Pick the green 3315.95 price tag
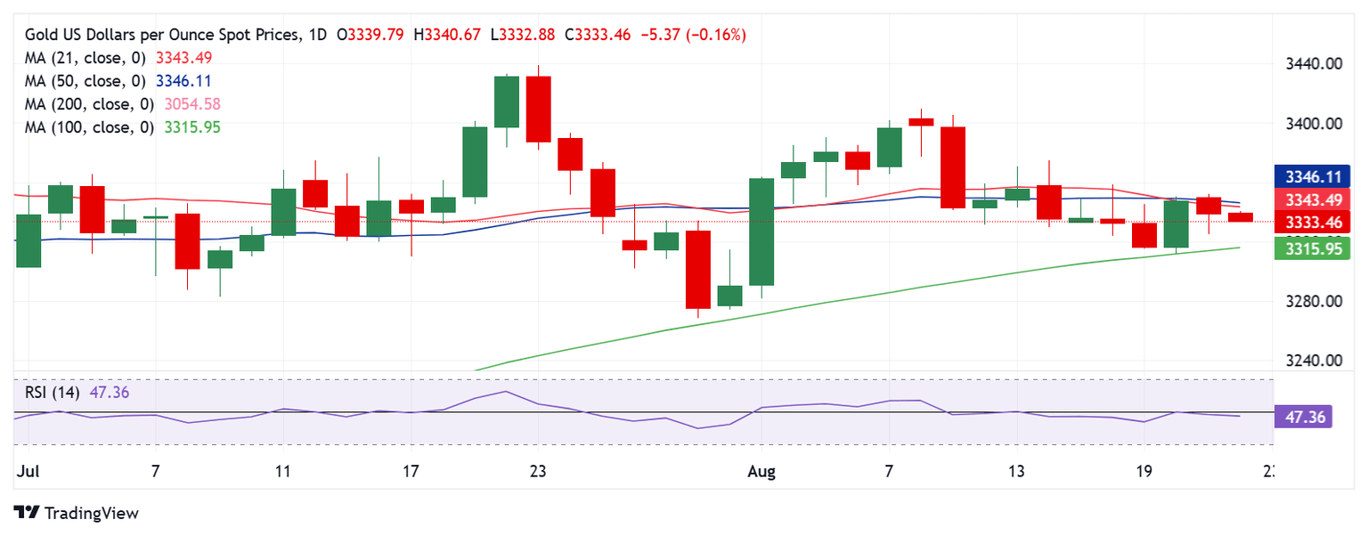pos(1306,249)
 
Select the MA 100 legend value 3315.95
pos(192,127)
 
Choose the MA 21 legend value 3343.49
pos(183,58)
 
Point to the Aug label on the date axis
pos(761,472)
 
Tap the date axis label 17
pos(411,472)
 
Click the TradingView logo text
pos(91,514)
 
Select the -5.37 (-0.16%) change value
pos(696,35)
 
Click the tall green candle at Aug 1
pos(761,231)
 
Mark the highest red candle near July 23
pos(538,109)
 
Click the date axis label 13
pos(1017,472)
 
